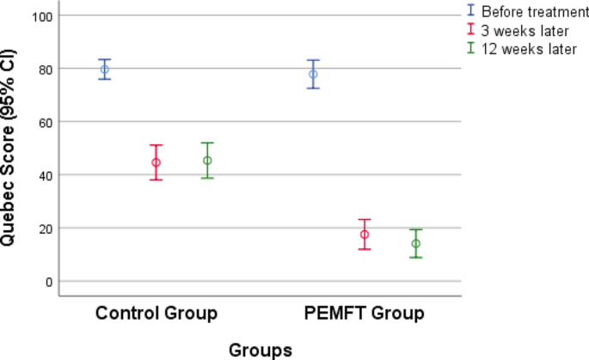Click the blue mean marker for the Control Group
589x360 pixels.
104,69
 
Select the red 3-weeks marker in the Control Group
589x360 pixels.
156,162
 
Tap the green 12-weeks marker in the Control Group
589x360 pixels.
207,161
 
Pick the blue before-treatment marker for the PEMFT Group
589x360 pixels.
313,74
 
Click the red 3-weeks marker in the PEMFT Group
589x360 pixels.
365,235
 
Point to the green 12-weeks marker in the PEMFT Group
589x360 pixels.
416,243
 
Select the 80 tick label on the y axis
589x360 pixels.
42,69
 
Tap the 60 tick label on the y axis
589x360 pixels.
42,122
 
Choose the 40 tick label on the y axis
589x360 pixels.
42,175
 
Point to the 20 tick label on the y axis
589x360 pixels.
42,229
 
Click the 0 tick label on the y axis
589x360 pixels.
46,281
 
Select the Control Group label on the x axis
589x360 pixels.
156,313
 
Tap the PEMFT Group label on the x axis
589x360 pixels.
365,313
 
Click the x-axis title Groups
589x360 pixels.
260,350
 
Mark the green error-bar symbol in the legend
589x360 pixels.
470,48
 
